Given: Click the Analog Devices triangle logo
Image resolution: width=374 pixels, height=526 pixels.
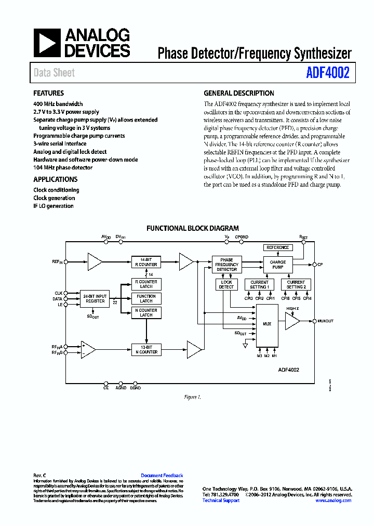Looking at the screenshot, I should pyautogui.click(x=48, y=43).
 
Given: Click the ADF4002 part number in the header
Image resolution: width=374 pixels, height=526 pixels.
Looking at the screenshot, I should pyautogui.click(x=328, y=73).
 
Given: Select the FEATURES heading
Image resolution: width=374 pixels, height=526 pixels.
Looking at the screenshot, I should pyautogui.click(x=49, y=94).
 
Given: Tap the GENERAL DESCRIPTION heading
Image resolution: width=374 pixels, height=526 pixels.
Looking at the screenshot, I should pyautogui.click(x=239, y=94).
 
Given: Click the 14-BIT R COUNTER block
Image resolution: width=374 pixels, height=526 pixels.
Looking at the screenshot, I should pyautogui.click(x=145, y=262).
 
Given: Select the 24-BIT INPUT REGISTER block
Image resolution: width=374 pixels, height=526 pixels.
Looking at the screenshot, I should pyautogui.click(x=95, y=299).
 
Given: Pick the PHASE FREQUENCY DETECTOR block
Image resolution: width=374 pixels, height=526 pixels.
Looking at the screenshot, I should pyautogui.click(x=226, y=265).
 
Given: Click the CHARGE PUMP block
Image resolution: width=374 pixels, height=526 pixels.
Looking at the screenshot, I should pyautogui.click(x=278, y=265).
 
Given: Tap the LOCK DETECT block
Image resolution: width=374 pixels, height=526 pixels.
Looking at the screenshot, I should pyautogui.click(x=226, y=284).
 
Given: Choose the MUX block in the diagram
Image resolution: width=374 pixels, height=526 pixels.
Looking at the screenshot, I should pyautogui.click(x=267, y=324).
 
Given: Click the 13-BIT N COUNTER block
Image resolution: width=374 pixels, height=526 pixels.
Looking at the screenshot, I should pyautogui.click(x=145, y=350).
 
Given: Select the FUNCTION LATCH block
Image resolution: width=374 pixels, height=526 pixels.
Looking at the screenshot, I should pyautogui.click(x=146, y=298).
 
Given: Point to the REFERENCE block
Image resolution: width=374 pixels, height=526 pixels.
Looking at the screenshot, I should pyautogui.click(x=278, y=247).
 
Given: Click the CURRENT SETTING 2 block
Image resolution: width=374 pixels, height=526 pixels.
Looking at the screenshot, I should pyautogui.click(x=296, y=284).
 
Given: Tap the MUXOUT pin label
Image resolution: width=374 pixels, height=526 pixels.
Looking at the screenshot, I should pyautogui.click(x=325, y=321).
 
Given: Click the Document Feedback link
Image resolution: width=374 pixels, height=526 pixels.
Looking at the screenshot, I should pyautogui.click(x=162, y=476).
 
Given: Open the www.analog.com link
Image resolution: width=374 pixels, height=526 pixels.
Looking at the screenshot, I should pyautogui.click(x=333, y=501).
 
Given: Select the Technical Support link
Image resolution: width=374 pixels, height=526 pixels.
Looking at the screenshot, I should pyautogui.click(x=221, y=501).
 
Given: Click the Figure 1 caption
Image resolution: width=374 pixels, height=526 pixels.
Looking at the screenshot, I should pyautogui.click(x=192, y=397).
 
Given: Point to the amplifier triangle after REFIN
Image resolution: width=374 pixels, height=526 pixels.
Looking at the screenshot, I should pyautogui.click(x=94, y=262).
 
